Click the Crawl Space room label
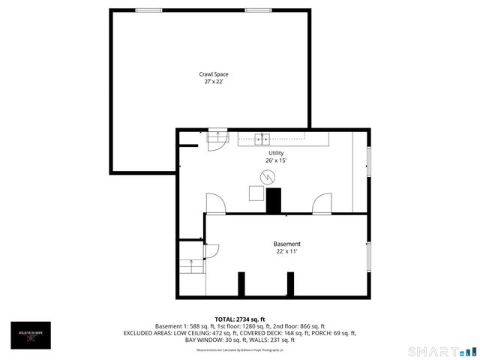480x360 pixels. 214,74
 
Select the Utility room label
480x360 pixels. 276,153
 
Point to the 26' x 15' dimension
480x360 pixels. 276,160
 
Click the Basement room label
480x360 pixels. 286,244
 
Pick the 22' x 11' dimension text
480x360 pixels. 286,251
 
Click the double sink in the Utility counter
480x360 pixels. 262,138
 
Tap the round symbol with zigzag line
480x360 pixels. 268,177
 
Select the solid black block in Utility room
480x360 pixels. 274,200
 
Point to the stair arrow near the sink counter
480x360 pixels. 218,136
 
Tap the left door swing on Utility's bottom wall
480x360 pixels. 214,202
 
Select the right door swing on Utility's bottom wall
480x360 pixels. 322,202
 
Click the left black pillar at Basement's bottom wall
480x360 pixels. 241,284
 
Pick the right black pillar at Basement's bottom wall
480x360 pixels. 290,284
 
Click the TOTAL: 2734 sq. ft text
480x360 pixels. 240,319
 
